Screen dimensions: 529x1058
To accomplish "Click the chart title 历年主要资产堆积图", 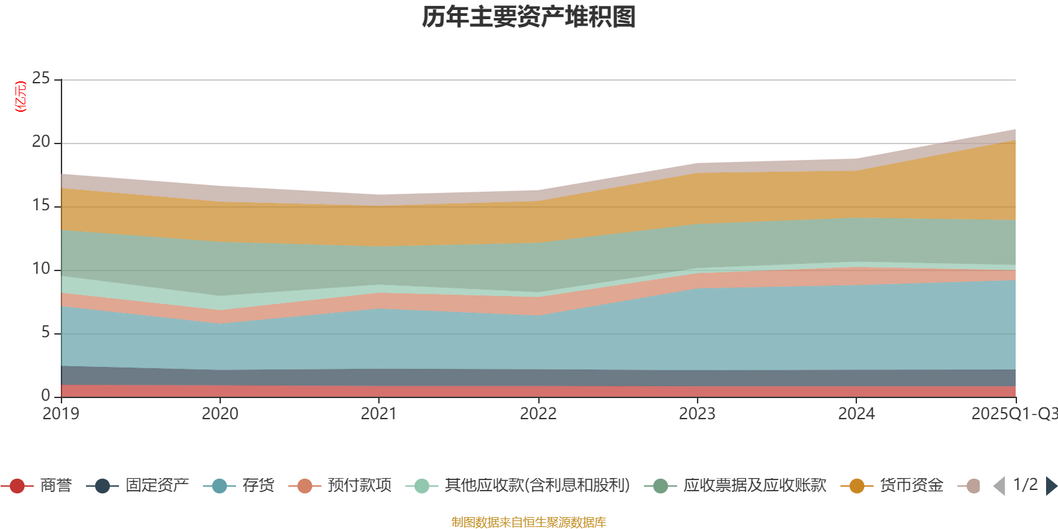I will click(529, 17).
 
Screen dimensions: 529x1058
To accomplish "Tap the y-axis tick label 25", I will click(41, 78).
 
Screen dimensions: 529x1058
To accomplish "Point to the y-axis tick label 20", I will click(41, 142).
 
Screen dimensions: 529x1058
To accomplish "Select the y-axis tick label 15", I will click(41, 205).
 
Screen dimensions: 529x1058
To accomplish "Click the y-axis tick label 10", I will click(41, 268).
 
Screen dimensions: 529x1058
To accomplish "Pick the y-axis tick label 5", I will click(46, 332).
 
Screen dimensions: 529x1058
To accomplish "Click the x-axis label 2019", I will click(61, 414).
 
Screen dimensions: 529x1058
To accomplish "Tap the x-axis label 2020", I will click(220, 414).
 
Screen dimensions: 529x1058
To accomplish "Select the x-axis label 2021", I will click(379, 414).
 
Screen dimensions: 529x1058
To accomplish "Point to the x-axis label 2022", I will click(538, 414).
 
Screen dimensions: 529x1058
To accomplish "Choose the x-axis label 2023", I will click(697, 414).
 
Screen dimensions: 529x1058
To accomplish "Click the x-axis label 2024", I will click(856, 414).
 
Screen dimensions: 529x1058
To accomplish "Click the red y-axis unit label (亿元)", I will click(21, 97).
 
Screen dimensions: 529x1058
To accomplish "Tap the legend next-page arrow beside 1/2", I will click(1051, 486).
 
